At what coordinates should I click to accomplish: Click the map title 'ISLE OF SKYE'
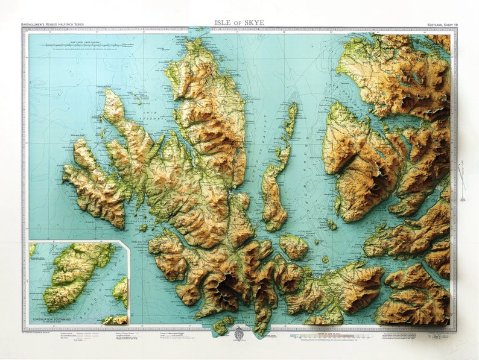[x=239, y=23]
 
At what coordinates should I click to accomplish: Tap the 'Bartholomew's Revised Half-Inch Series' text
[x=53, y=25]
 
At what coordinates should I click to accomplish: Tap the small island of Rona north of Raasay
[x=291, y=118]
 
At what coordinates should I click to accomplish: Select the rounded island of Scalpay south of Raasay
[x=294, y=246]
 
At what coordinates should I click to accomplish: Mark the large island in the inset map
[x=75, y=274]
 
